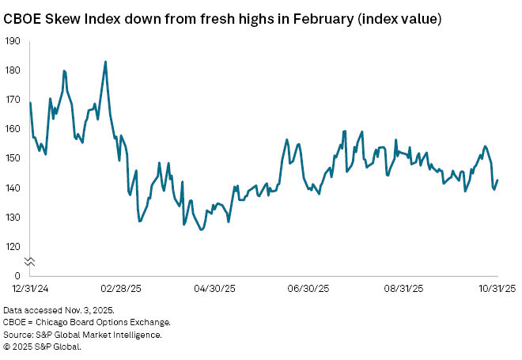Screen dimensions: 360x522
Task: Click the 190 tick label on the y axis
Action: point(13,41)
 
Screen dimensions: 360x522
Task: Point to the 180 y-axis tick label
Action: point(13,70)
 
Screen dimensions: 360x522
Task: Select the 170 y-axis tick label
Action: point(13,100)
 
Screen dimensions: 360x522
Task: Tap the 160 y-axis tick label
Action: point(13,129)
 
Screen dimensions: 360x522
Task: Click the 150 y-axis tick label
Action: point(13,158)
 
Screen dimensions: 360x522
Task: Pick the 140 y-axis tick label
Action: point(13,188)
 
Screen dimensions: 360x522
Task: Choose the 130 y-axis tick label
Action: point(13,217)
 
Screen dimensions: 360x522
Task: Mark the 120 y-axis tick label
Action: point(13,246)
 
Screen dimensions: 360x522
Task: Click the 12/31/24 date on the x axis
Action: point(29,290)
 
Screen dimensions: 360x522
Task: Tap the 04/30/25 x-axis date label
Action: point(217,290)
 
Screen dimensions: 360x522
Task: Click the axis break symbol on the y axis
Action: point(29,260)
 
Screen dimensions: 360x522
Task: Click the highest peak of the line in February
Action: point(105,62)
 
